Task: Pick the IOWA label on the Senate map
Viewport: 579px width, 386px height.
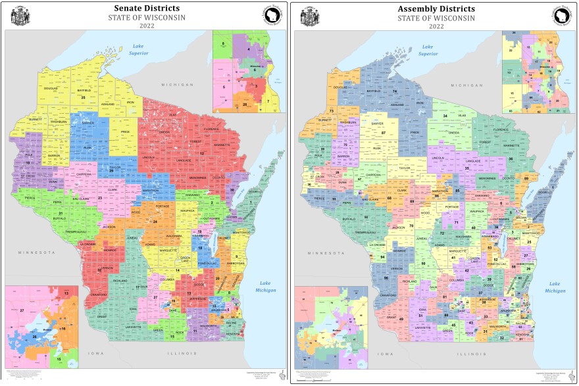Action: click(105, 352)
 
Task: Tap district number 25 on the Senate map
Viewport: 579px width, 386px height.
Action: click(84, 97)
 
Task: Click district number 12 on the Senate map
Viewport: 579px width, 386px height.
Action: click(202, 153)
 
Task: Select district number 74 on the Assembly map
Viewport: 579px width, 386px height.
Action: click(394, 91)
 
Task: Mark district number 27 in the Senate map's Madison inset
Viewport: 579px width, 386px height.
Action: click(22, 309)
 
